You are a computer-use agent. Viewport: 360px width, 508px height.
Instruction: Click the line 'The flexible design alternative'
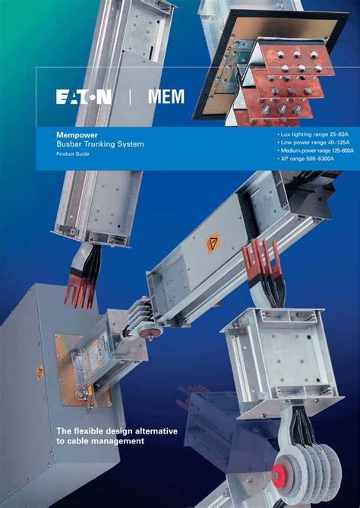[117, 431]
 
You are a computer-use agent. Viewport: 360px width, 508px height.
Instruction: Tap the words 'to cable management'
[100, 441]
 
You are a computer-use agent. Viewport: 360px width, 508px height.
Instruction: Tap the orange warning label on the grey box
[40, 373]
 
